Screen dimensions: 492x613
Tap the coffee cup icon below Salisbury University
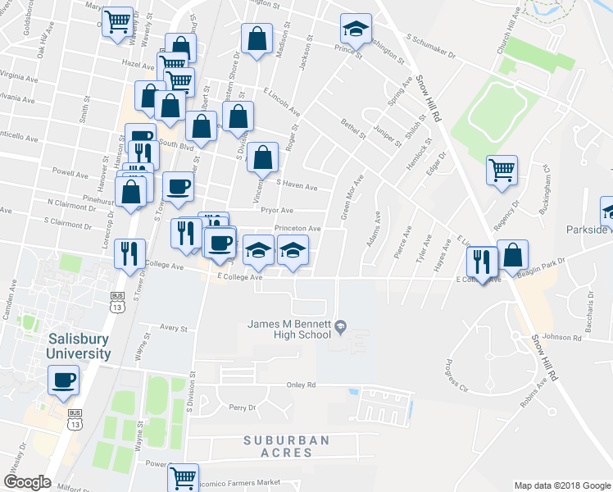[x=64, y=380]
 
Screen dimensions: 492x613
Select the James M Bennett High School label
[x=289, y=329]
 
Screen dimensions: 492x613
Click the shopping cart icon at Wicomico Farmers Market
[x=184, y=476]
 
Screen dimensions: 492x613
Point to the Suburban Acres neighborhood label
[x=287, y=446]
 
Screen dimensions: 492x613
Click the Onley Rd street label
[x=301, y=385]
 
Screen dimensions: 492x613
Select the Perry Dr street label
[x=243, y=408]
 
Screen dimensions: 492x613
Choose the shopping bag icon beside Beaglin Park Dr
[x=512, y=256]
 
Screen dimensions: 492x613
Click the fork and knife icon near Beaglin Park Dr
[x=482, y=262]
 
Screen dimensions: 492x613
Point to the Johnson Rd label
[x=561, y=336]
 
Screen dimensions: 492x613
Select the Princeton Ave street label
[x=297, y=229]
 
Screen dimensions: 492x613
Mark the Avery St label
[x=174, y=328]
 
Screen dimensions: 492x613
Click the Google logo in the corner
[x=27, y=482]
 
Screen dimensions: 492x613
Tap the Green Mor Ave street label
[x=351, y=198]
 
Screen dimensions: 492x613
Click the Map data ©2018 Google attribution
[x=561, y=485]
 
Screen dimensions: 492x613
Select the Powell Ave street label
[x=70, y=174]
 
